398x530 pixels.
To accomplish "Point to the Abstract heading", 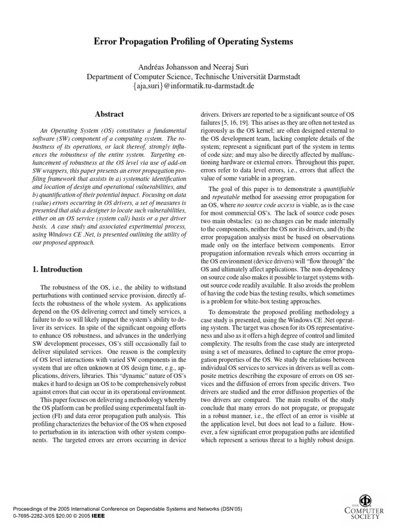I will click(x=109, y=114).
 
